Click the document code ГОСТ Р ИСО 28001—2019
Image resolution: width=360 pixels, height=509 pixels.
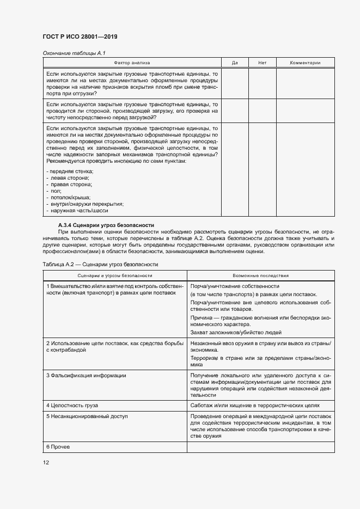click(80, 36)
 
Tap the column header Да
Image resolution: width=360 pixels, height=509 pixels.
click(235, 63)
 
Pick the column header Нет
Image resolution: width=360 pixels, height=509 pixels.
click(262, 63)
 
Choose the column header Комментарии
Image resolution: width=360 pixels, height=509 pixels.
click(305, 63)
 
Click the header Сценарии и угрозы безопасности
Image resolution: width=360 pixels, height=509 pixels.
click(114, 275)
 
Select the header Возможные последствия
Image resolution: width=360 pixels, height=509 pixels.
click(261, 275)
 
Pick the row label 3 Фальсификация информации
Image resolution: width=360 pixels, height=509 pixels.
click(86, 375)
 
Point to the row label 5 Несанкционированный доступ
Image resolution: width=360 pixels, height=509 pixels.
click(87, 416)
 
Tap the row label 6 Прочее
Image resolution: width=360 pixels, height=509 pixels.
click(58, 446)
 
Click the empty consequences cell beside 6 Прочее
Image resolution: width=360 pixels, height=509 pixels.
click(261, 446)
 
